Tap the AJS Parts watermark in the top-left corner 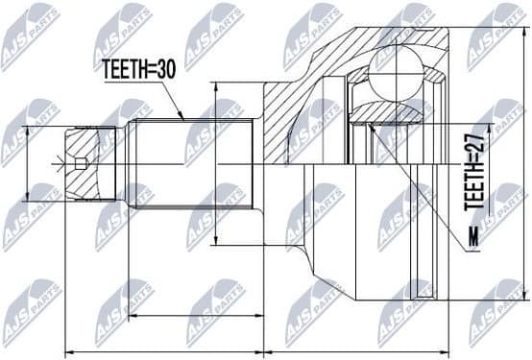pyautogui.click(x=30, y=35)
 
